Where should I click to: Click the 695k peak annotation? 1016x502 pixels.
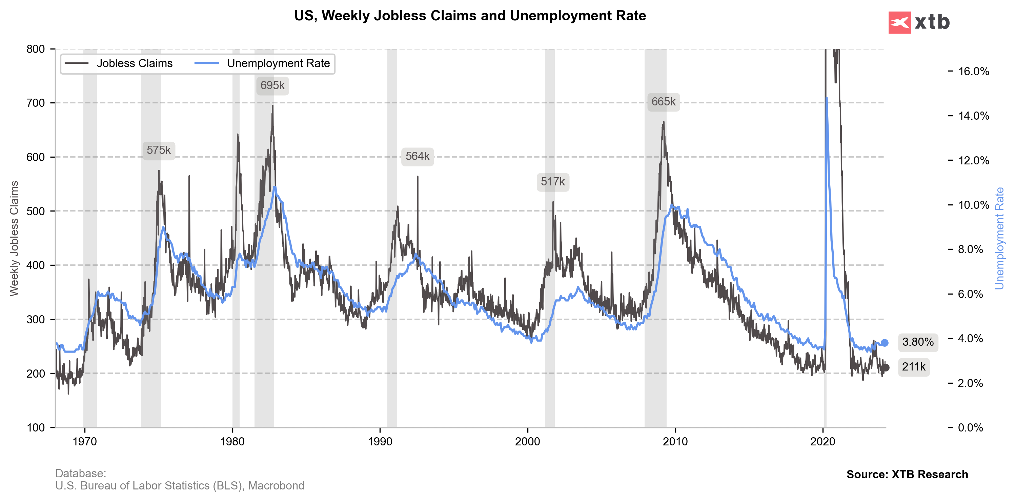coord(272,85)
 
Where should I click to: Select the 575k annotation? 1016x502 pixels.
coord(159,150)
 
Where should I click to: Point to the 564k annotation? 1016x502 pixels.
coord(417,157)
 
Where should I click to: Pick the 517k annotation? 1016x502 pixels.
coord(553,182)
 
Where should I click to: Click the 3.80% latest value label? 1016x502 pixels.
coord(918,342)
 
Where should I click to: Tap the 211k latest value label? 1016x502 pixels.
coord(913,367)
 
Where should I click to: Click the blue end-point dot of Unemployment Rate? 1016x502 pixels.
coord(885,343)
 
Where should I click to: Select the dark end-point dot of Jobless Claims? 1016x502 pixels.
coord(886,367)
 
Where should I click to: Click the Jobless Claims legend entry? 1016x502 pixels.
coord(118,63)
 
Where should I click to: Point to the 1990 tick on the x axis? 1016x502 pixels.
coord(380,441)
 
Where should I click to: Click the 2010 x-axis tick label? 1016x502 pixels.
coord(675,441)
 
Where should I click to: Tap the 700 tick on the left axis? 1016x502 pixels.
coord(36,103)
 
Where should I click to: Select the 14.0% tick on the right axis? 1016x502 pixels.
coord(973,116)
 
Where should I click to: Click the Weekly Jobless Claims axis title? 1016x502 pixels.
coord(14,238)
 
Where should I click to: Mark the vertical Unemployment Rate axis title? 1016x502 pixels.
coord(999,238)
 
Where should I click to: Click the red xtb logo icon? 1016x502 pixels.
coord(899,22)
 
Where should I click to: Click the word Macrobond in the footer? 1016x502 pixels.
coord(276,485)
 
